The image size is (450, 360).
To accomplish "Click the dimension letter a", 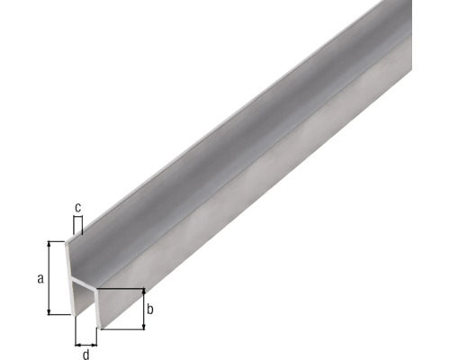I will point(40,278).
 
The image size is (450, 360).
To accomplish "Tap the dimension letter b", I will point(151,310).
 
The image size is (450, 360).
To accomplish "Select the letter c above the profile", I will point(77,209).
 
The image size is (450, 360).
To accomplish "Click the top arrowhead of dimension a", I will point(52,244).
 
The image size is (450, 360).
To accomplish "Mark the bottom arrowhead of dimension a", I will point(52,311).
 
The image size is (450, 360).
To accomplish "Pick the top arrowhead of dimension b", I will point(142,292).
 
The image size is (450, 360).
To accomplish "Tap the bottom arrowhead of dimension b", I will point(142,326).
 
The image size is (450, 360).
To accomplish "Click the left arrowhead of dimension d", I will point(77,343).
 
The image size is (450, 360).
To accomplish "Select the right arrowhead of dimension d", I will point(96,343).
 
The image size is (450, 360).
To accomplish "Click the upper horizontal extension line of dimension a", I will point(59,240).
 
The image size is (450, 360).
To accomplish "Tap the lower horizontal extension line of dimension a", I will point(59,315).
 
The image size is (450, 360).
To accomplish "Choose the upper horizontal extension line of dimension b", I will point(121,288).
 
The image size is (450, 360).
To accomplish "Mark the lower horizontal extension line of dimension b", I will point(121,329).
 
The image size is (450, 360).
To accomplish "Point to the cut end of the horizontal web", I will point(85,290).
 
